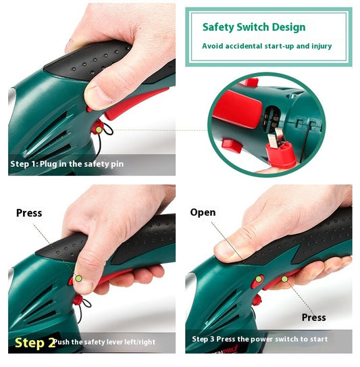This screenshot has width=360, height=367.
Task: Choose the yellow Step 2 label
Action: [x=34, y=342]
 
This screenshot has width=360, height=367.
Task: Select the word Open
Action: [x=203, y=212]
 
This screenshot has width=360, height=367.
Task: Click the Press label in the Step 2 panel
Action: [x=29, y=213]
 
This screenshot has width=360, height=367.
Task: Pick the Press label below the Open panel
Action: [x=314, y=317]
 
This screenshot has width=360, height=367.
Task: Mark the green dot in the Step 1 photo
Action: [x=99, y=129]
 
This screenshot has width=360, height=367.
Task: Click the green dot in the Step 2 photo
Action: [x=79, y=278]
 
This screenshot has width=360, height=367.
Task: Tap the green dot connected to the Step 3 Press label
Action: [x=284, y=277]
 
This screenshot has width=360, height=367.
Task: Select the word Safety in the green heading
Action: [x=218, y=28]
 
